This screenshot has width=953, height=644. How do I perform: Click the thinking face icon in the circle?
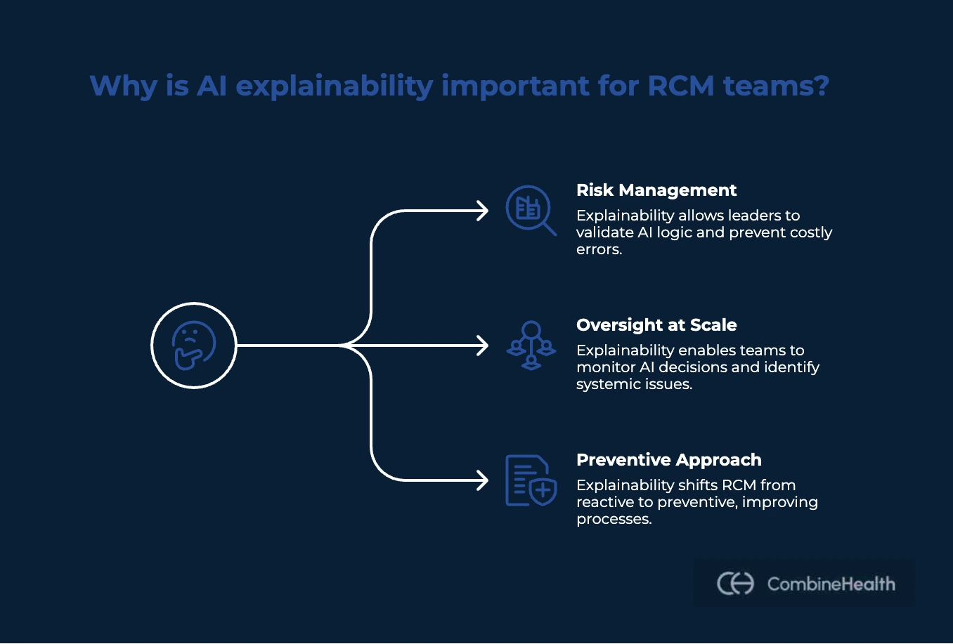[x=194, y=346]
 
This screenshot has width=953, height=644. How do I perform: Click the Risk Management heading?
[x=656, y=190]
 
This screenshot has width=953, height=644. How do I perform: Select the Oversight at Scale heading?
[x=656, y=325]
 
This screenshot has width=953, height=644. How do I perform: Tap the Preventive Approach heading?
[x=668, y=460]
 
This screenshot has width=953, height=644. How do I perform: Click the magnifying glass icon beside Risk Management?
[x=531, y=210]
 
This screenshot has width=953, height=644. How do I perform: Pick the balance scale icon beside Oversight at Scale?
[x=531, y=346]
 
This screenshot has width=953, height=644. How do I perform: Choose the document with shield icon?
[x=531, y=480]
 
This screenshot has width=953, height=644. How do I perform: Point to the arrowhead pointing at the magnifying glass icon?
[x=482, y=211]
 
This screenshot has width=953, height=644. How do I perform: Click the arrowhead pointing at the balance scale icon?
[x=482, y=346]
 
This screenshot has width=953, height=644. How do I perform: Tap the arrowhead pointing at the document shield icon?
[x=482, y=480]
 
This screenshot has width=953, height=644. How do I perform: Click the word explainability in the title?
[x=335, y=86]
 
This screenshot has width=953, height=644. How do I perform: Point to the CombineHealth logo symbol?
[x=735, y=584]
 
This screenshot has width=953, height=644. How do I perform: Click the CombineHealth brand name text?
[x=831, y=584]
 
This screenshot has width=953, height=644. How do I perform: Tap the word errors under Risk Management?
[x=599, y=249]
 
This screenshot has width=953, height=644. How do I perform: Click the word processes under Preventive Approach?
[x=614, y=519]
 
